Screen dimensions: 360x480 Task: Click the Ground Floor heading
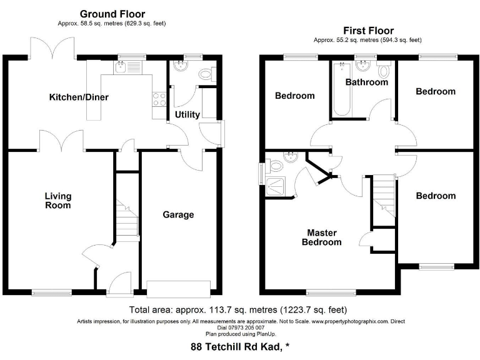pos(112,14)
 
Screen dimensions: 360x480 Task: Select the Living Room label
pos(57,201)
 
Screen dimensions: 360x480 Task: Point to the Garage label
pos(179,214)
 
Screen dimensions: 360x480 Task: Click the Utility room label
pos(187,114)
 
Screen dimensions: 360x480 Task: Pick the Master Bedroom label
pos(322,237)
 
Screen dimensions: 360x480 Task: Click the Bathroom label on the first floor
pos(367,82)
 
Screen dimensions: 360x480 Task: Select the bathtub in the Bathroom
pos(341,94)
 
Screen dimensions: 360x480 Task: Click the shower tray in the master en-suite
pos(275,186)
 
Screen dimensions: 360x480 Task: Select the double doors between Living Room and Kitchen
pos(61,141)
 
